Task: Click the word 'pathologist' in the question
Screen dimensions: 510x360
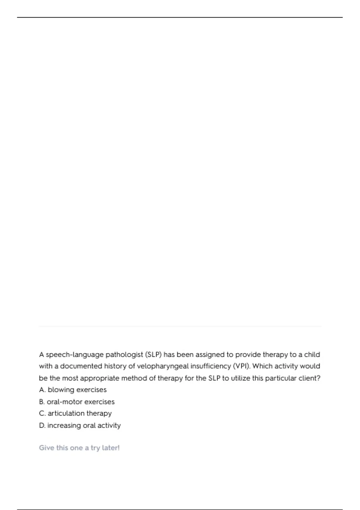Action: pos(124,355)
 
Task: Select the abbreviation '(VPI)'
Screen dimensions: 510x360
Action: pos(241,366)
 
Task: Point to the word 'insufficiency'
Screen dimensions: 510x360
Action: pos(211,366)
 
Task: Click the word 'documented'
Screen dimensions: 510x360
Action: pos(81,366)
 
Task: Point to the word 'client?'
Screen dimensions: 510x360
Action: pos(310,378)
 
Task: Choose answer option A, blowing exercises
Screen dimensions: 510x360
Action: pos(73,390)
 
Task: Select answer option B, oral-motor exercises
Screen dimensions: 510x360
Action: pos(77,402)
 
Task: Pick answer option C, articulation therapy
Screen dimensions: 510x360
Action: pos(75,413)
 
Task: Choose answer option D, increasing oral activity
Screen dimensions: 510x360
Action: pos(80,425)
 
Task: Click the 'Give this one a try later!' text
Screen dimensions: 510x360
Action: pos(79,448)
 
